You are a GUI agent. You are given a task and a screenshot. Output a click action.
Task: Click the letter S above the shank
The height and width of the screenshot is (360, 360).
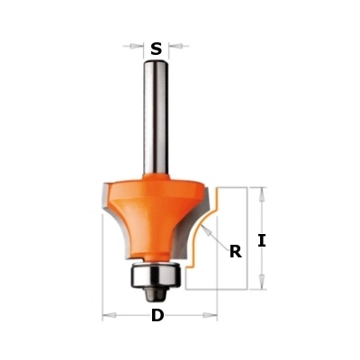156,49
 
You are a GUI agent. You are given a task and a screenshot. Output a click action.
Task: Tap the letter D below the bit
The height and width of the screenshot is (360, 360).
157,315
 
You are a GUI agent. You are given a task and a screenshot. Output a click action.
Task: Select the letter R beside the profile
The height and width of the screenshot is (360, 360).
236,252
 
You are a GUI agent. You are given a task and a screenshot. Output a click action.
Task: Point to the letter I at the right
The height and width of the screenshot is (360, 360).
262,240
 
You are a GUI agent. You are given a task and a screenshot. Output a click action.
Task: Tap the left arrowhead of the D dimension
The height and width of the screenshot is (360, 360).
110,315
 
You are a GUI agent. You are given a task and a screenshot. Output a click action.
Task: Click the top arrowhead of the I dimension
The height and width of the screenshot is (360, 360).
262,194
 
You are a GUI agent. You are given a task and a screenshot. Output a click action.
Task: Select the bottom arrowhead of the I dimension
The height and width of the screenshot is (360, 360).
262,282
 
